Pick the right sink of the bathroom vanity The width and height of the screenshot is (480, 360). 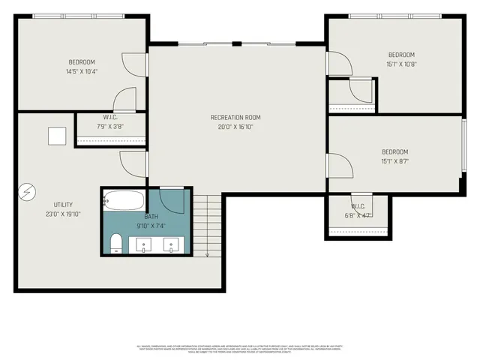coord(172,244)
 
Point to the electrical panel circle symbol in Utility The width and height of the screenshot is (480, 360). coord(27,192)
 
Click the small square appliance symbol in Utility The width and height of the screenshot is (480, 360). coord(57,136)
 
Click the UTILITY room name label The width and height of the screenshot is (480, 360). coord(63,205)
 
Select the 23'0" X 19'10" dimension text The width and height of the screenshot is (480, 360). coord(63,214)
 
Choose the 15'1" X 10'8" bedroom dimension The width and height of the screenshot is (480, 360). coord(400,64)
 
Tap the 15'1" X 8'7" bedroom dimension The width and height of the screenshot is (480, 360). coord(394,160)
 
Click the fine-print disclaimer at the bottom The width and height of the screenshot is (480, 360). coord(239,348)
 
